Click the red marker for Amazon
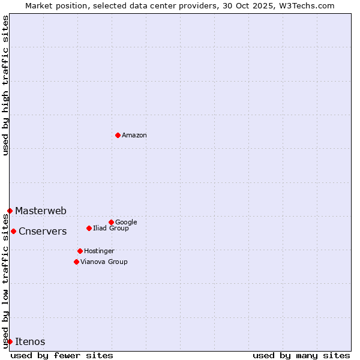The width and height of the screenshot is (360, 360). click(118, 135)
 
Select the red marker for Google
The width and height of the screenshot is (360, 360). click(111, 222)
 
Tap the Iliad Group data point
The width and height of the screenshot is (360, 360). click(89, 228)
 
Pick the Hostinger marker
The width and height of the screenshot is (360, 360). click(80, 251)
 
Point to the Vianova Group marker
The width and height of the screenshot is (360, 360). click(76, 262)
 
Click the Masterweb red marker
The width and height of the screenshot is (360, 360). click(10, 211)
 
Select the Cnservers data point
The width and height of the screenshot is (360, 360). click(13, 231)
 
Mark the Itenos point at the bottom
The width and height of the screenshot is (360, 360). click(10, 341)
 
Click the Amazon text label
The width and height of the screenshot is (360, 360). click(134, 135)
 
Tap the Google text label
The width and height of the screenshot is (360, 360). click(126, 222)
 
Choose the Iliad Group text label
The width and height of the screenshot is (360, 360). click(111, 228)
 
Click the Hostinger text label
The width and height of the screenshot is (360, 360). click(99, 251)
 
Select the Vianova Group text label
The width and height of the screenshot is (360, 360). click(104, 262)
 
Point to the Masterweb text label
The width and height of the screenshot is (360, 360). click(41, 211)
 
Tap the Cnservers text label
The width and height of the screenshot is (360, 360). click(43, 231)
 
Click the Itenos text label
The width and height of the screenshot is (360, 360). click(30, 341)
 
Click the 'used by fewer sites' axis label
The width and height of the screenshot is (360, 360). click(62, 355)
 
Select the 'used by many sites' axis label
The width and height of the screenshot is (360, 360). click(301, 355)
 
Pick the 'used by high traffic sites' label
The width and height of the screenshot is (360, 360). click(5, 85)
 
